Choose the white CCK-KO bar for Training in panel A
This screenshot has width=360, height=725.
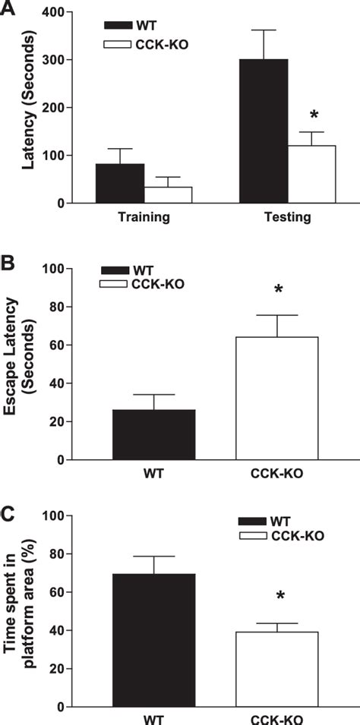pyautogui.click(x=168, y=195)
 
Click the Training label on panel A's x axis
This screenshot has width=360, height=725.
pyautogui.click(x=144, y=217)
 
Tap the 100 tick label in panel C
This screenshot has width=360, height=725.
pyautogui.click(x=51, y=516)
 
